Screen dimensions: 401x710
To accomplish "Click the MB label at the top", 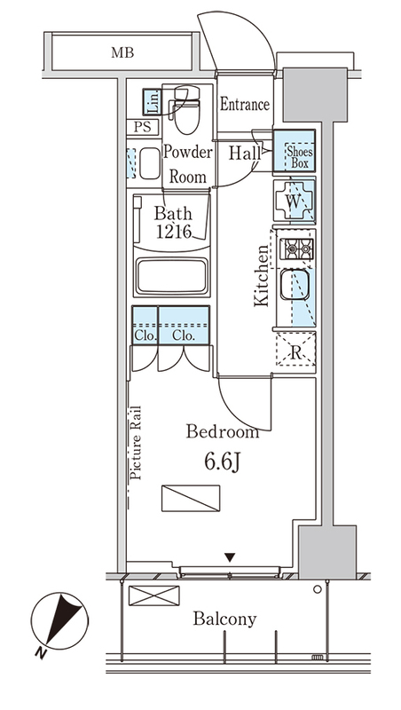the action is click(x=122, y=53).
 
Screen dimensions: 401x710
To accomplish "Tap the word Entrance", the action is click(x=245, y=105).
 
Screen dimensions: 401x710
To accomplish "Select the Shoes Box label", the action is click(x=299, y=157).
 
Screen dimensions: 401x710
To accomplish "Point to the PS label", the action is click(x=142, y=128).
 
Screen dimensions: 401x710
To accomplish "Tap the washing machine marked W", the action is click(x=295, y=201).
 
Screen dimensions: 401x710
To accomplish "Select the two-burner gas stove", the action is click(x=296, y=248).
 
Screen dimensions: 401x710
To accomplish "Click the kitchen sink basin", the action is click(x=295, y=284).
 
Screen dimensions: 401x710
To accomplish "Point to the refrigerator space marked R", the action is click(x=296, y=349).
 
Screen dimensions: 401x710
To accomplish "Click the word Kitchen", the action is click(x=262, y=276).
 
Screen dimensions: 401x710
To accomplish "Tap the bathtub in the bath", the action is click(x=172, y=276).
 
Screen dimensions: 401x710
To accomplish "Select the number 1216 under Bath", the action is click(x=173, y=232).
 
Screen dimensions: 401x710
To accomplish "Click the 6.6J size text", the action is click(x=222, y=461).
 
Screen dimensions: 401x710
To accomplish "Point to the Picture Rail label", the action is click(x=136, y=442).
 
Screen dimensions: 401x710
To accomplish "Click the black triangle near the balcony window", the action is click(x=231, y=557).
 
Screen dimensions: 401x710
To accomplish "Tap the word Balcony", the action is click(x=225, y=619).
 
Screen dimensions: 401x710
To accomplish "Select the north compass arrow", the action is click(x=63, y=620).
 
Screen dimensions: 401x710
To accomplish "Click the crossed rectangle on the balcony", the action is click(x=153, y=596).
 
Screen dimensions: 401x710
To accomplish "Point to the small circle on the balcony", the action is click(x=318, y=589).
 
